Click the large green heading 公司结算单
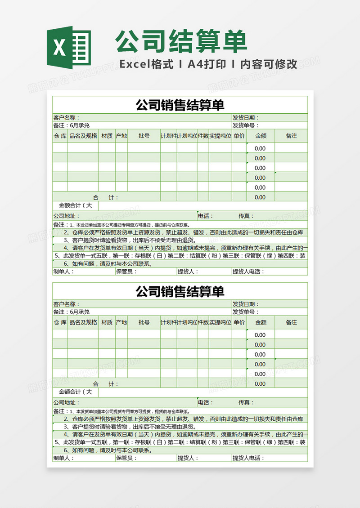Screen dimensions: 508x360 [x=181, y=42]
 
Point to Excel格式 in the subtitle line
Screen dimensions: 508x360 [x=146, y=64]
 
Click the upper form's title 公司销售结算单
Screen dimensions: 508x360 [x=180, y=105]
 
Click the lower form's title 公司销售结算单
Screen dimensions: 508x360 [x=180, y=292]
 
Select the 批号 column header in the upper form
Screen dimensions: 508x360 [x=144, y=135]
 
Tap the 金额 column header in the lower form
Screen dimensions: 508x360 [x=261, y=322]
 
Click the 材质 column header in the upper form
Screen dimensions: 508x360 [x=107, y=135]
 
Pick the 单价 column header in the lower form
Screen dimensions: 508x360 [x=239, y=322]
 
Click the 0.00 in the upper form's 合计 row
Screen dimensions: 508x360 [x=260, y=197]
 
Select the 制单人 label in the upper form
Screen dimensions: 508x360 [x=63, y=272]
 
